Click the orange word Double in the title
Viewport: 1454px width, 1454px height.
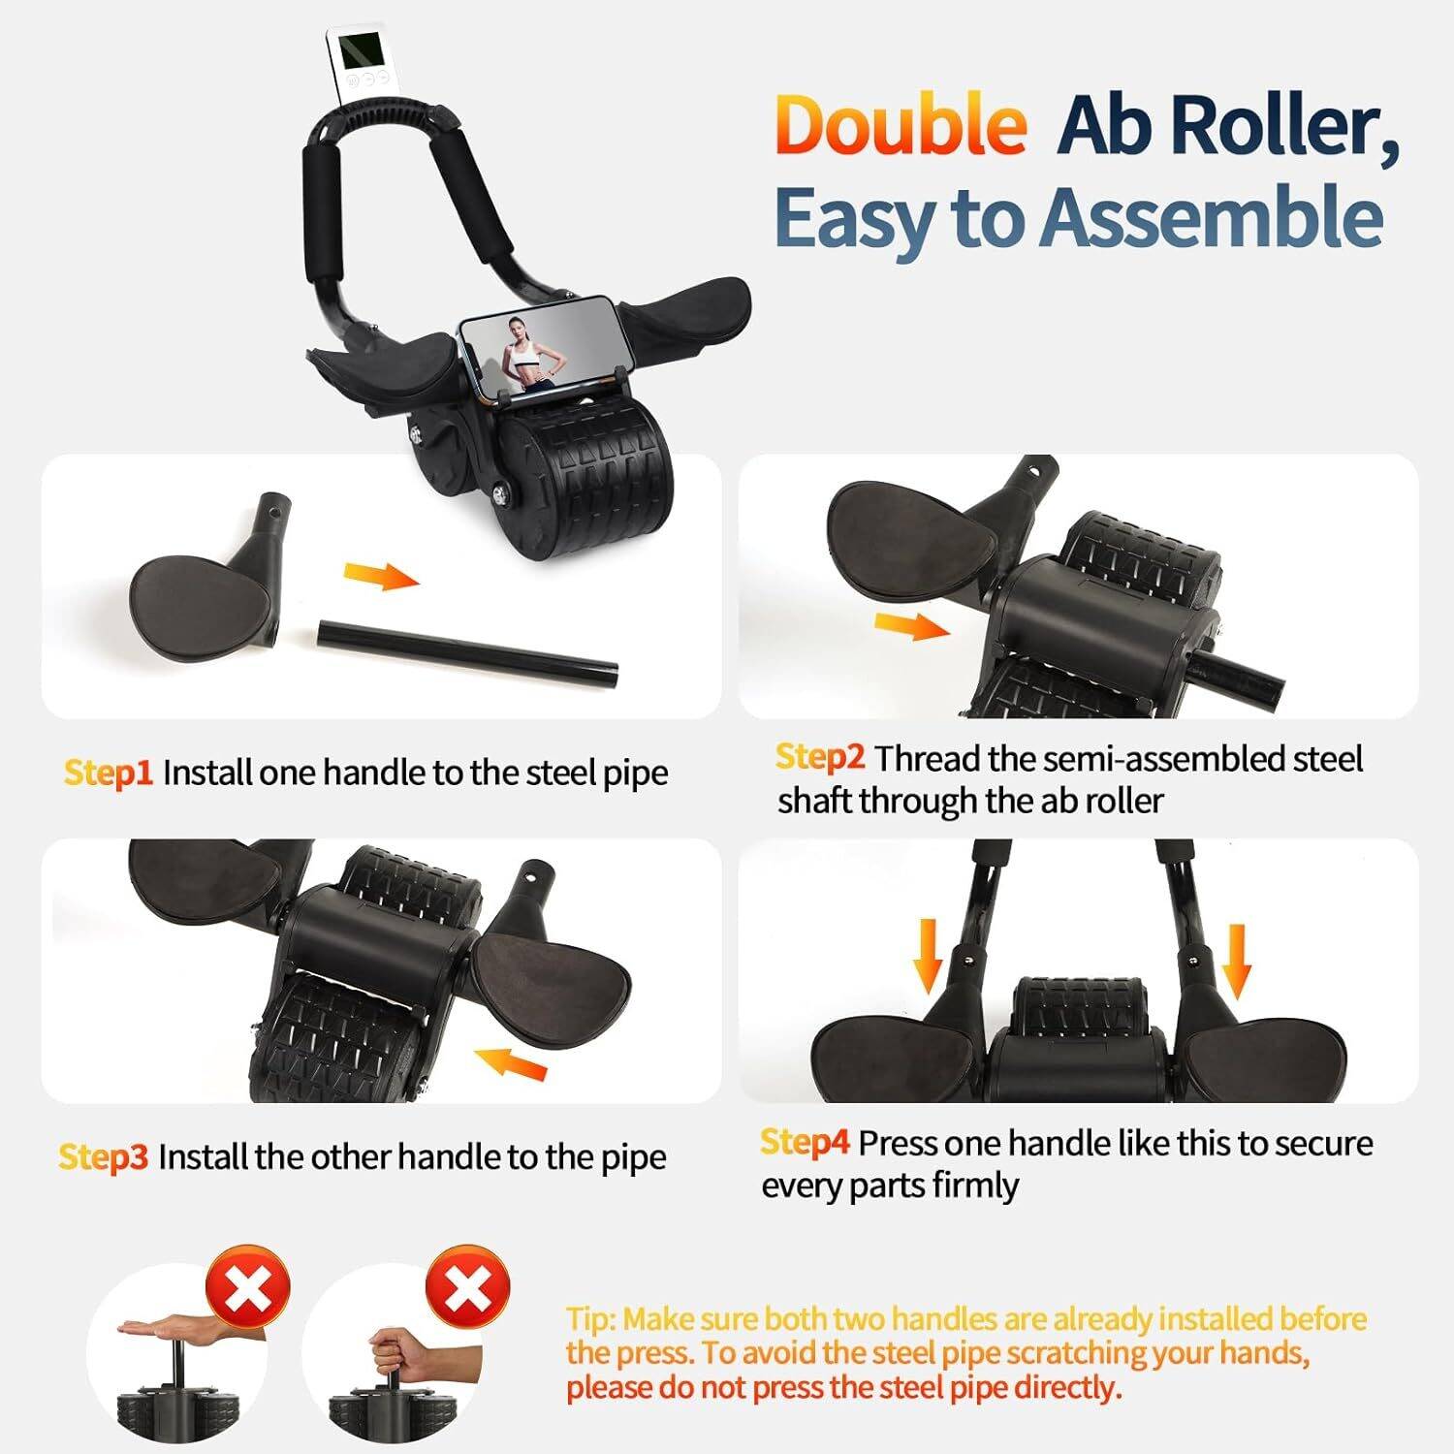click(x=901, y=126)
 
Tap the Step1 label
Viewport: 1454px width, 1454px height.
click(x=109, y=774)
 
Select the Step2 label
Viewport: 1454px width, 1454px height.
click(x=819, y=758)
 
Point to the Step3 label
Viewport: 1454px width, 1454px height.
click(x=103, y=1157)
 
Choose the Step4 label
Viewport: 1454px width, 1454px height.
click(x=805, y=1143)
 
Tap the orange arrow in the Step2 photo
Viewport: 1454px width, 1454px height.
click(x=911, y=626)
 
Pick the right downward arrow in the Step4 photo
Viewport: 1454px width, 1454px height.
click(x=1237, y=960)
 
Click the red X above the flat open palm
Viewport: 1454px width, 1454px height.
click(x=248, y=1288)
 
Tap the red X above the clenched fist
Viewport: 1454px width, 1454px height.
click(x=468, y=1288)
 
